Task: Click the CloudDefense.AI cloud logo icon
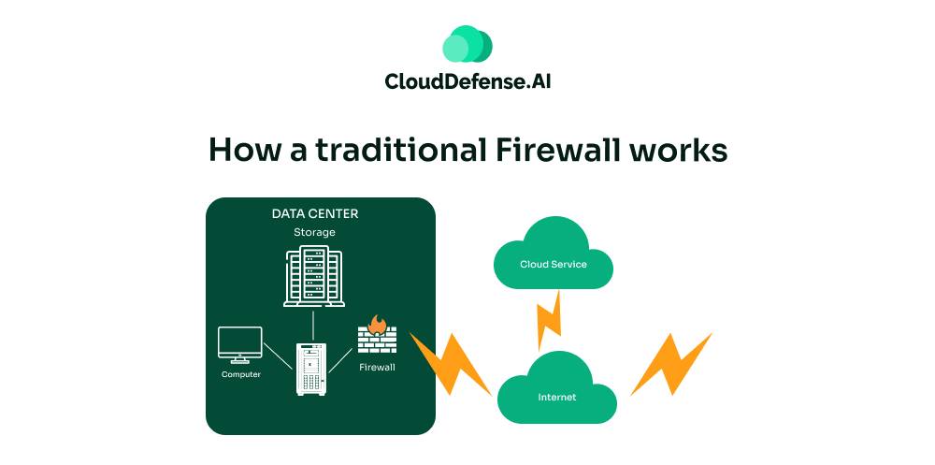(x=467, y=44)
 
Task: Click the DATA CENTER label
(x=315, y=213)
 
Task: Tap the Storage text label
(x=314, y=232)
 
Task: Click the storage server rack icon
(x=313, y=277)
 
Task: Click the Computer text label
(x=240, y=374)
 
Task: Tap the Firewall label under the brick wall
(x=377, y=368)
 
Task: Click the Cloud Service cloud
(x=554, y=259)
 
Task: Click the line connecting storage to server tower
(x=312, y=325)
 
